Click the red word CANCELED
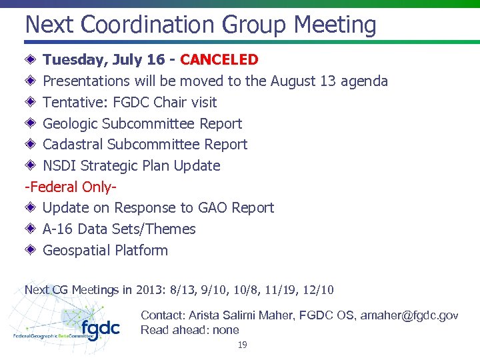click(x=219, y=60)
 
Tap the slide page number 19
click(x=242, y=345)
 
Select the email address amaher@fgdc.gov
click(x=409, y=315)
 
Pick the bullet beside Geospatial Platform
click(x=31, y=250)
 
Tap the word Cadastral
click(x=73, y=145)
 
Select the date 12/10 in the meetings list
click(x=319, y=290)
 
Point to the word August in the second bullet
click(x=294, y=81)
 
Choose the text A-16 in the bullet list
click(x=58, y=229)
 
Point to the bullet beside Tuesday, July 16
click(x=31, y=60)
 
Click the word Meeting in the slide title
click(x=335, y=25)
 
